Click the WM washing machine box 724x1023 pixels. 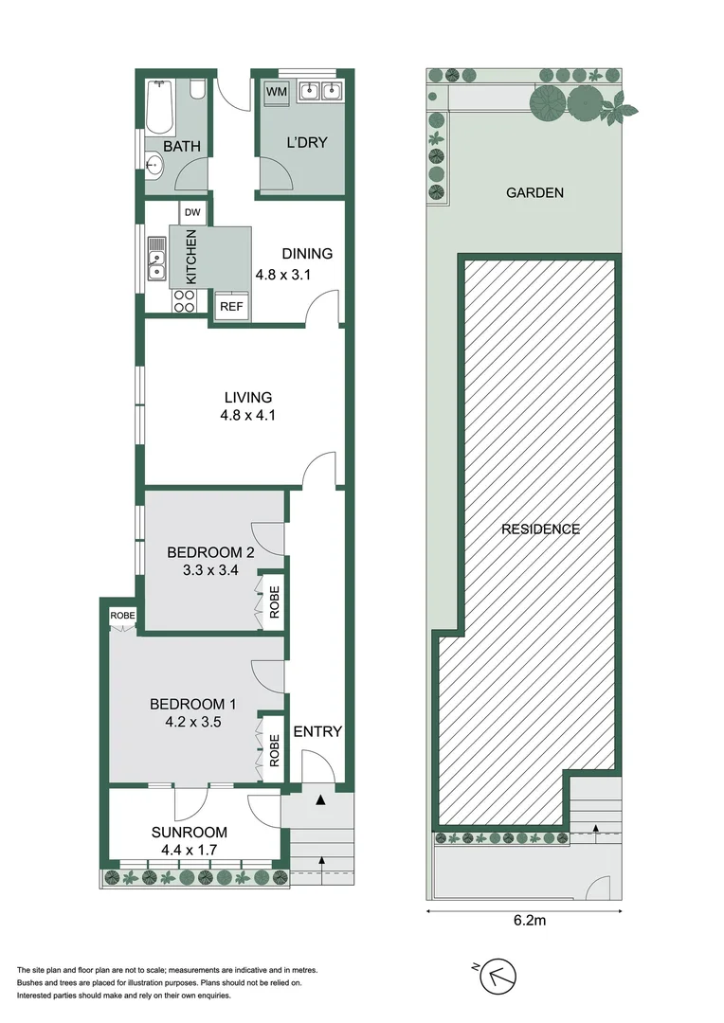pyautogui.click(x=276, y=91)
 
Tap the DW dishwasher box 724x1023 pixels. pyautogui.click(x=192, y=213)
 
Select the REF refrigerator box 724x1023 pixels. pyautogui.click(x=231, y=305)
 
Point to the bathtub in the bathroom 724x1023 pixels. pyautogui.click(x=159, y=107)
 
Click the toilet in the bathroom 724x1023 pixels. pyautogui.click(x=197, y=91)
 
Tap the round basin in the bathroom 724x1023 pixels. pyautogui.click(x=154, y=165)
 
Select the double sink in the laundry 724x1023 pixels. pyautogui.click(x=320, y=91)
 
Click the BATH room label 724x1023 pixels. pyautogui.click(x=182, y=146)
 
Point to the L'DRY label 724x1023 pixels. pyautogui.click(x=307, y=142)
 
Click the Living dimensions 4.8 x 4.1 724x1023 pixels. pyautogui.click(x=247, y=415)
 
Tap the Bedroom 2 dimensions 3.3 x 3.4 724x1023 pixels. pyautogui.click(x=210, y=570)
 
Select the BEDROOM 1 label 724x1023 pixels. pyautogui.click(x=192, y=704)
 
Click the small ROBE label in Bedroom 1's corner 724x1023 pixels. pyautogui.click(x=123, y=616)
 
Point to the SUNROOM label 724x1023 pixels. pyautogui.click(x=190, y=832)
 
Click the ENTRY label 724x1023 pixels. pyautogui.click(x=317, y=731)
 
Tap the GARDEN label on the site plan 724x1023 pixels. pyautogui.click(x=534, y=192)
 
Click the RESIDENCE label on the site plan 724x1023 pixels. pyautogui.click(x=540, y=529)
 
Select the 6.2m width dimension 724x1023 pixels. pyautogui.click(x=529, y=921)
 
